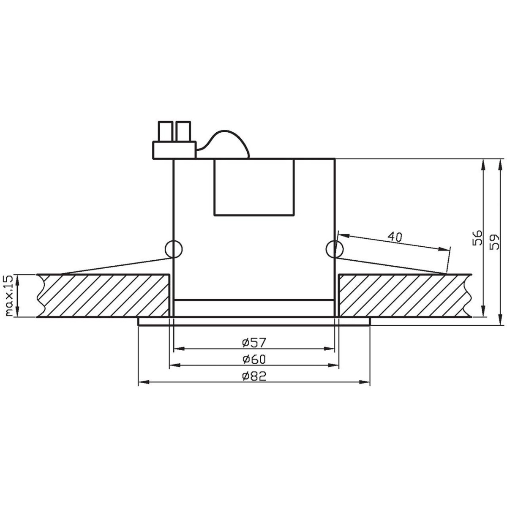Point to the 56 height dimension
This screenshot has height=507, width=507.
477,238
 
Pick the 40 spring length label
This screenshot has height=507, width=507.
395,237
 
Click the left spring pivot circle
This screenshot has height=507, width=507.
174,249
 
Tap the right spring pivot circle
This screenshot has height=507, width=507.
335,249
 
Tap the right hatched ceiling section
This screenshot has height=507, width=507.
403,296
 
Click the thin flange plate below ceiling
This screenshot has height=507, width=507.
254,322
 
